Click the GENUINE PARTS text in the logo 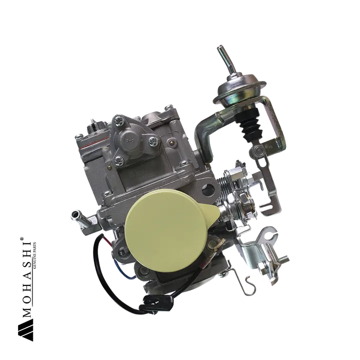coord(34,256)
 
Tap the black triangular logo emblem coord(25,330)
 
